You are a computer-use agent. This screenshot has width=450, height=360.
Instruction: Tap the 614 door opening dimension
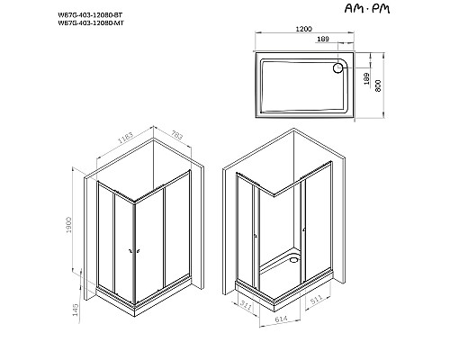(280, 319)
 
